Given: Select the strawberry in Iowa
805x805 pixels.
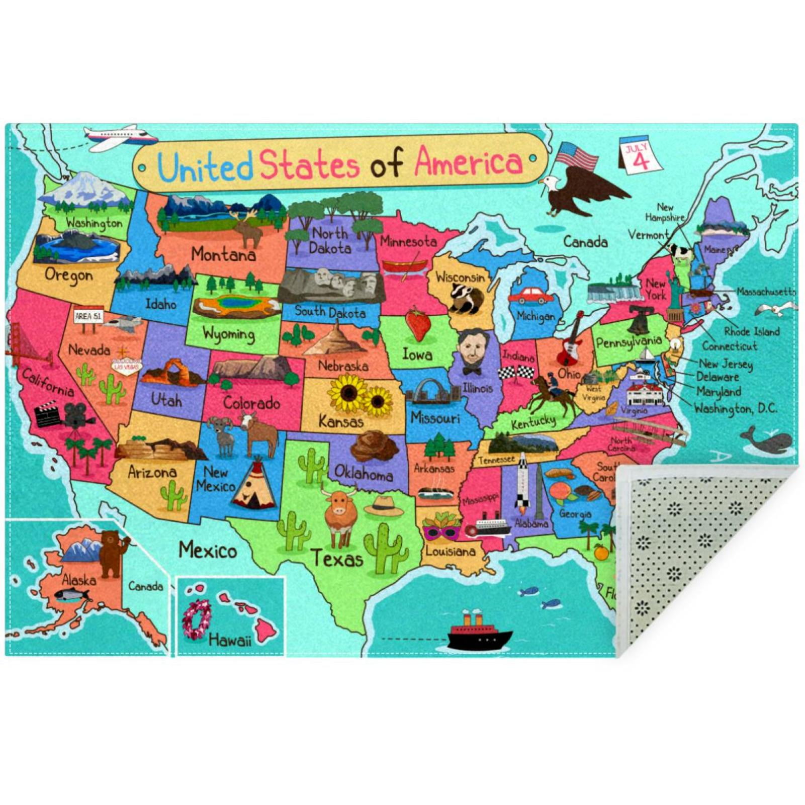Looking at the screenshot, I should [418, 323].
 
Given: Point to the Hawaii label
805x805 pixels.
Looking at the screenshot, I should [229, 640].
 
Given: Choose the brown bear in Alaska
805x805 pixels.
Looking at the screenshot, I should [112, 553].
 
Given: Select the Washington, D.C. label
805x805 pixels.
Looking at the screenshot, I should [735, 408].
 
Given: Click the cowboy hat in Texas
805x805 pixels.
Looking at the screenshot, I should [384, 506].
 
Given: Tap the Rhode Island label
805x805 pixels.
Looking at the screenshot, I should [751, 331].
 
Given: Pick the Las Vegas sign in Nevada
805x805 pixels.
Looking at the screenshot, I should [126, 366].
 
